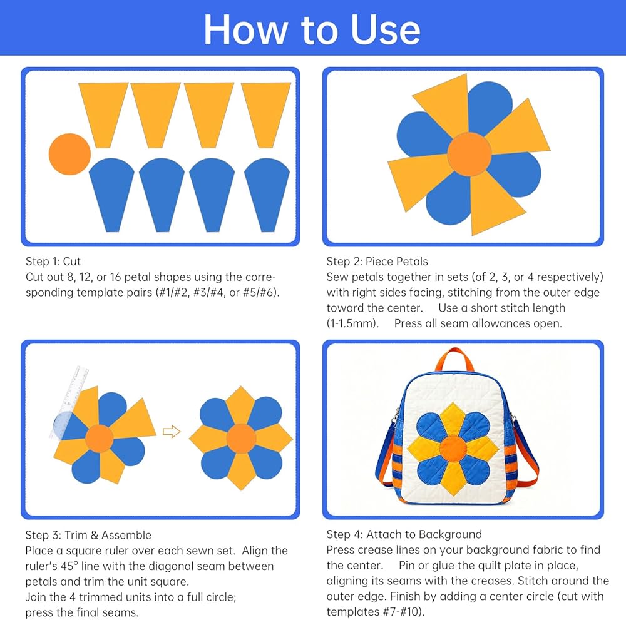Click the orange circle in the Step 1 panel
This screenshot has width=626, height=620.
pos(70,154)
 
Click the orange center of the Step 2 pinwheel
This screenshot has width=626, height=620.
pos(469,154)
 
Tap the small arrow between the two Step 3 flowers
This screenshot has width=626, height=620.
pos(172,431)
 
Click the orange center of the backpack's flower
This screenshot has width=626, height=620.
pos(453,449)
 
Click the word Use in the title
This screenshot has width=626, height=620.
pos(385,30)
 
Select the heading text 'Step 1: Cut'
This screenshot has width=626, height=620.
pos(53,262)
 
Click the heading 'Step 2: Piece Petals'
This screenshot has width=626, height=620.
pos(377,262)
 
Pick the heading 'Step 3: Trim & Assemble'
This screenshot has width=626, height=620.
pos(88,535)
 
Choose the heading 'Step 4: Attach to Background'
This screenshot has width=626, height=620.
pos(404,534)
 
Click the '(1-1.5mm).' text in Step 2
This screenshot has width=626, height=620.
pos(352,323)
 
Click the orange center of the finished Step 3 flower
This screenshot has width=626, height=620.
pos(241,439)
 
